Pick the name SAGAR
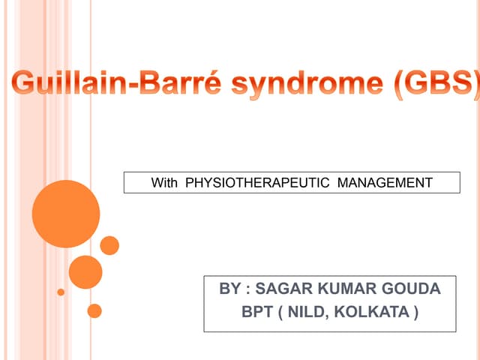[x=284, y=289]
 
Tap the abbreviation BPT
[x=257, y=312]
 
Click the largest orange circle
[x=66, y=214]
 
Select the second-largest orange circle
[x=85, y=271]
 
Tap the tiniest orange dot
[x=61, y=292]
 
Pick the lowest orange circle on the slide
[x=94, y=310]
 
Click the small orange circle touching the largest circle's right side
[x=109, y=245]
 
